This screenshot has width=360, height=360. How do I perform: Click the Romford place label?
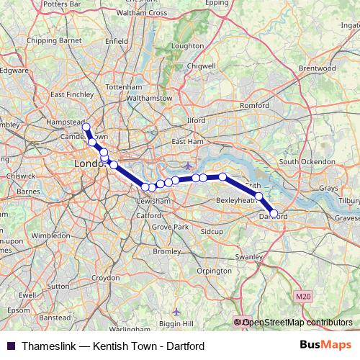pos(254,105)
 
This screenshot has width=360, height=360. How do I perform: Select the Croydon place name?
pos(105,277)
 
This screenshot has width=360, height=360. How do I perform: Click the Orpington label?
pos(214,271)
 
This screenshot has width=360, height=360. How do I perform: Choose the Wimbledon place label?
pos(51,235)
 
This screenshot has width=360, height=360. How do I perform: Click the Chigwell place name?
pos(202,65)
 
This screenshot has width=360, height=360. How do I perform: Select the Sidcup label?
pos(212,232)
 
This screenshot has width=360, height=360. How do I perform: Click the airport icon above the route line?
pos(188,166)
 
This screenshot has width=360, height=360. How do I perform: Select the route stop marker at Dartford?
pos(274,213)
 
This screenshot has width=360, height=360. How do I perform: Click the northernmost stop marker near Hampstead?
pos(86,127)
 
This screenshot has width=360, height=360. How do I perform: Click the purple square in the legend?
pos(10,346)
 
